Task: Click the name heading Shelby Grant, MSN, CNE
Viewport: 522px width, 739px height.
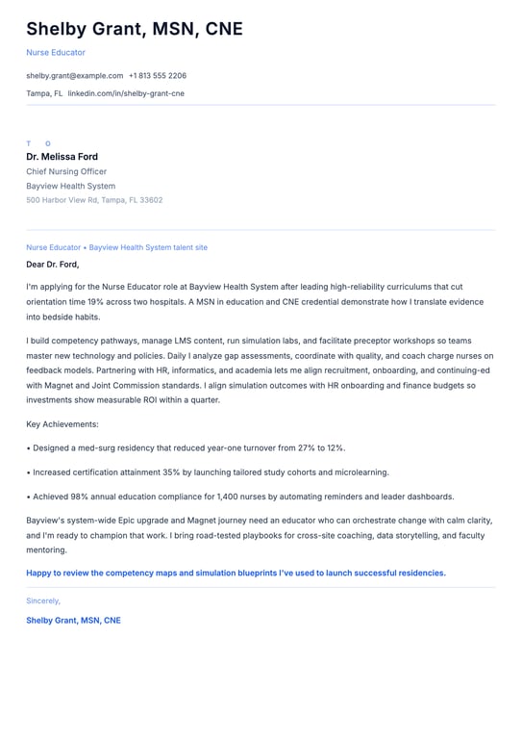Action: pos(135,29)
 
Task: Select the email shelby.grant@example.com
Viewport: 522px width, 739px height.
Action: pos(74,75)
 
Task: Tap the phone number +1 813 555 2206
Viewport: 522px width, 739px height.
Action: pos(158,75)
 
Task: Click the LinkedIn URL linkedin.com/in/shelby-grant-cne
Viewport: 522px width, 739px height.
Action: pos(126,93)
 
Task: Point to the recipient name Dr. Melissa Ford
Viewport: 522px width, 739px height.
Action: pos(62,157)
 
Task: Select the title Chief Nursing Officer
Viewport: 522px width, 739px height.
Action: pos(66,171)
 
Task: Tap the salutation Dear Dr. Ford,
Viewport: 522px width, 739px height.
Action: pos(53,264)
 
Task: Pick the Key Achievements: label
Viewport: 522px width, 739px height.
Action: pos(62,423)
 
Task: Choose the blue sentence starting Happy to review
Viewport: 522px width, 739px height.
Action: pos(236,573)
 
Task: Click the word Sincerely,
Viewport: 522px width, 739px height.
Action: pos(43,600)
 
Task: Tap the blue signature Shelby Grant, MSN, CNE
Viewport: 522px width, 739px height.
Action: pos(73,621)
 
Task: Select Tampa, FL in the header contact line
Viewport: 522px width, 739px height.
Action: pos(44,93)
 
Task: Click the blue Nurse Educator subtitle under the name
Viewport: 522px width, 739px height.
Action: pos(56,52)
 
